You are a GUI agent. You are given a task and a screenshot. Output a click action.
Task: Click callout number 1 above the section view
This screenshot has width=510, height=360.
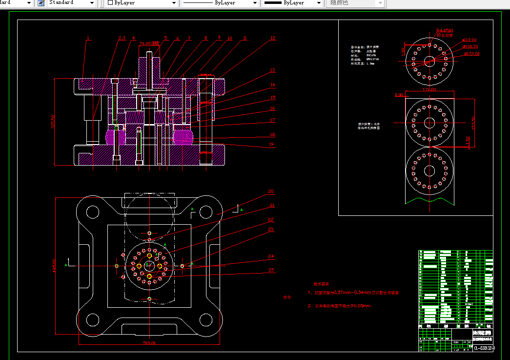(88, 38)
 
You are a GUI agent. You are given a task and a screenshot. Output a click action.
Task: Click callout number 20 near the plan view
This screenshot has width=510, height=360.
(270, 191)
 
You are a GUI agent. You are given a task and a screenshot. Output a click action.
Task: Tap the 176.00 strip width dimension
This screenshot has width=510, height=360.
(429, 89)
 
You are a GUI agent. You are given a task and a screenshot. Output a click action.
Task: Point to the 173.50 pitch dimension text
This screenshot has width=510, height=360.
(473, 123)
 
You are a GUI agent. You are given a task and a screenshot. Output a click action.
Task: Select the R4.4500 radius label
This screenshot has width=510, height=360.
(445, 30)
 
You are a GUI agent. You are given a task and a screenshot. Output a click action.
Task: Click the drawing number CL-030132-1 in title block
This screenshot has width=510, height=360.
(484, 348)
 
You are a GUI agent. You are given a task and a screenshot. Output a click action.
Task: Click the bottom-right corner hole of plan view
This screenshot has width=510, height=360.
(206, 320)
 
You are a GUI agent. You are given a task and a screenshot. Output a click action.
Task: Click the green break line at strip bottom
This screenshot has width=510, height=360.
(429, 200)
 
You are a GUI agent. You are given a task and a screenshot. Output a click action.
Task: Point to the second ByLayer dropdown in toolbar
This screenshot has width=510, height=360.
(220, 3)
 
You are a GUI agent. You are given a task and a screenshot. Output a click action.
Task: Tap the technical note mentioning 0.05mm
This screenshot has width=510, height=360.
(339, 306)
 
